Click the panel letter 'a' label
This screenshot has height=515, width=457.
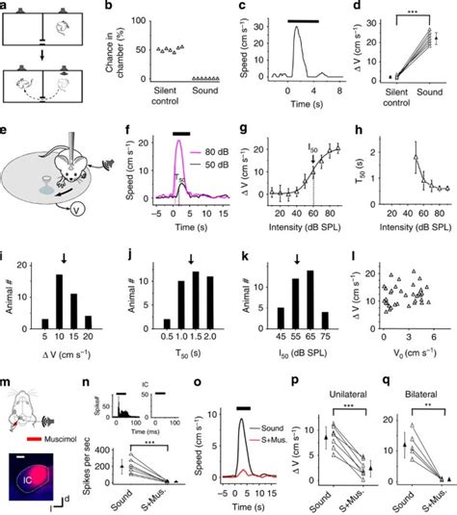click(x=6, y=6)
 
